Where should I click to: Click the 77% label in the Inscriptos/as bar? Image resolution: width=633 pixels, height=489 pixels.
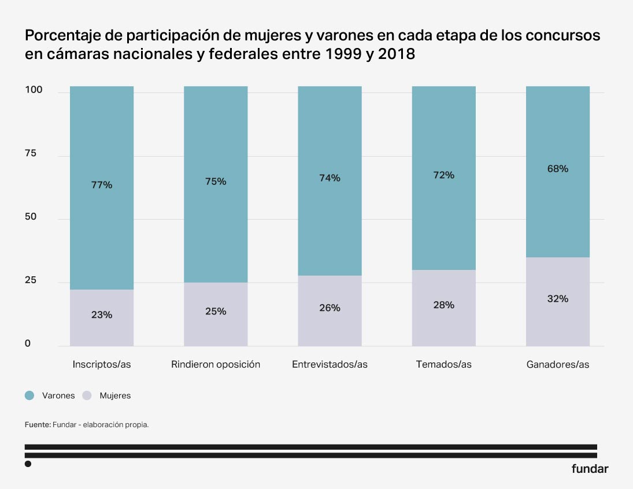[x=102, y=185]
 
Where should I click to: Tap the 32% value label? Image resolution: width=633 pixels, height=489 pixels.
[x=558, y=299]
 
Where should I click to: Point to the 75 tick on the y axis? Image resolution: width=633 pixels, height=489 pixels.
[x=31, y=154]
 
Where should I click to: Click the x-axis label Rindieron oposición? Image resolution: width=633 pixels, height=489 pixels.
[x=216, y=364]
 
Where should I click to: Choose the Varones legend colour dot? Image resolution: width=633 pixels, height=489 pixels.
[x=29, y=395]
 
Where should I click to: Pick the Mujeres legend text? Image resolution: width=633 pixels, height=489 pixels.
[x=115, y=396]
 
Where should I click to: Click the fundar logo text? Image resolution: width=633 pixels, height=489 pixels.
[x=590, y=469]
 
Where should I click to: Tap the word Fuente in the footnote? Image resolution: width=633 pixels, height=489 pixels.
[x=37, y=425]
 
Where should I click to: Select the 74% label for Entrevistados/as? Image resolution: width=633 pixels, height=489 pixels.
[x=330, y=178]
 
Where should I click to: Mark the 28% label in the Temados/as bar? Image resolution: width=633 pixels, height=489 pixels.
[x=444, y=305]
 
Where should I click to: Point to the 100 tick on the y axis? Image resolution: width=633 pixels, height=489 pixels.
[x=33, y=90]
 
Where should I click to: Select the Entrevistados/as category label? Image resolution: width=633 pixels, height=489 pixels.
[x=330, y=364]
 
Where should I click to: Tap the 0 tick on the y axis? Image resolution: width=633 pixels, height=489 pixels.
[x=27, y=344]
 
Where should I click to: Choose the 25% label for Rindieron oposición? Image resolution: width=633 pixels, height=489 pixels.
[x=216, y=311]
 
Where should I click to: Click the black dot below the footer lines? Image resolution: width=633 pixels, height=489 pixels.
[x=28, y=464]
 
